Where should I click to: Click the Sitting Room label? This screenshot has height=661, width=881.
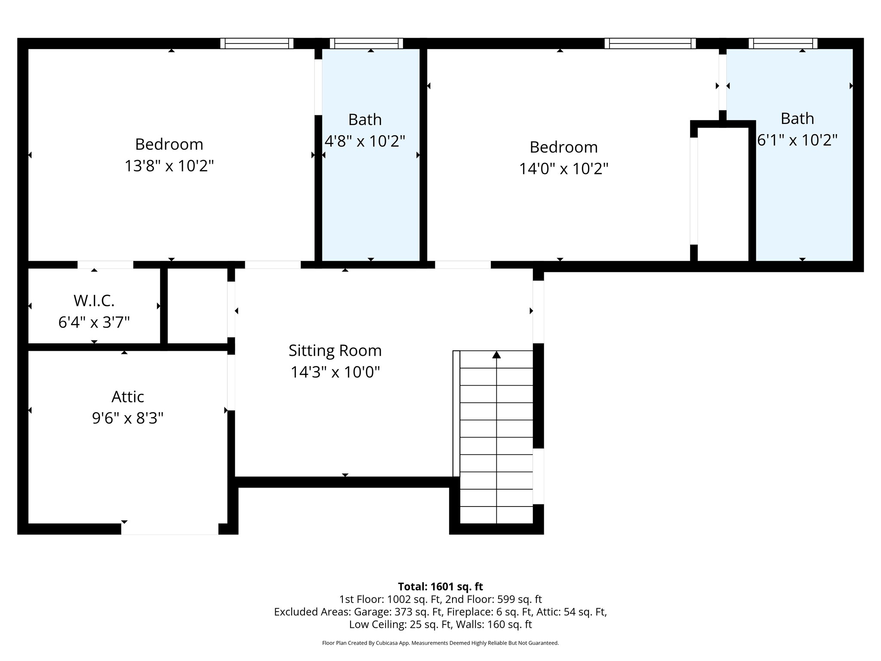[x=335, y=351]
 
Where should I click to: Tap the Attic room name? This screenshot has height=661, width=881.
[x=128, y=397]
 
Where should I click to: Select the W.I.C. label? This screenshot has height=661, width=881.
[x=94, y=301]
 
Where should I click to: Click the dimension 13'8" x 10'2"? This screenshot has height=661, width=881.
[x=169, y=166]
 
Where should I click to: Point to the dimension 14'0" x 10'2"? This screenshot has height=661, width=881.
[x=564, y=169]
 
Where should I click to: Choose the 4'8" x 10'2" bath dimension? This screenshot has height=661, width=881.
[x=365, y=141]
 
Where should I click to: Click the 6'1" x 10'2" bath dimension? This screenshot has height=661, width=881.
[x=797, y=140]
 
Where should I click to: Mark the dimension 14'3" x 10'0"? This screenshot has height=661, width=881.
[x=335, y=372]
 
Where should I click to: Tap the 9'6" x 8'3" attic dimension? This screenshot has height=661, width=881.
[x=128, y=418]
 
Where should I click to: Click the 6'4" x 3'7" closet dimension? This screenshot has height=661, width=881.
[x=94, y=322]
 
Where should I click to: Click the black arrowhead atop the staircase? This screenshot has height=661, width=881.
[x=496, y=355]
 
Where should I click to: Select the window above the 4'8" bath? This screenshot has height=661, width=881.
[x=367, y=43]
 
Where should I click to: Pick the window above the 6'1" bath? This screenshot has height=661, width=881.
[x=783, y=43]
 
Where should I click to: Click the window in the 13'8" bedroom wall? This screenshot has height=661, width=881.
[x=257, y=43]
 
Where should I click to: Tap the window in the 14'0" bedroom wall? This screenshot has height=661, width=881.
[x=650, y=43]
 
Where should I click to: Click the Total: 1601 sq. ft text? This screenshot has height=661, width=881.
[x=440, y=587]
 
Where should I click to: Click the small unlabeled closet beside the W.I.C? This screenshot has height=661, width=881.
[x=197, y=306]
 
